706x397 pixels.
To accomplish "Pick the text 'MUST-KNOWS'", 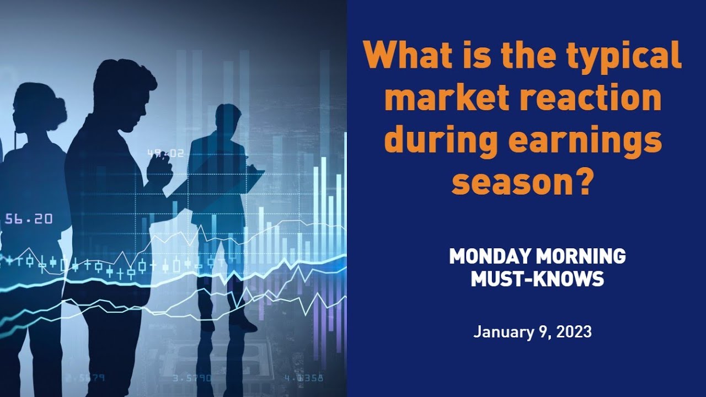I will point(537,279).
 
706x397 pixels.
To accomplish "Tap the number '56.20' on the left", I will point(29,219).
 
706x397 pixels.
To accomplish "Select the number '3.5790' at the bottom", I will point(191,378).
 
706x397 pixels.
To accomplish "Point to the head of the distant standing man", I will point(228,118).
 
